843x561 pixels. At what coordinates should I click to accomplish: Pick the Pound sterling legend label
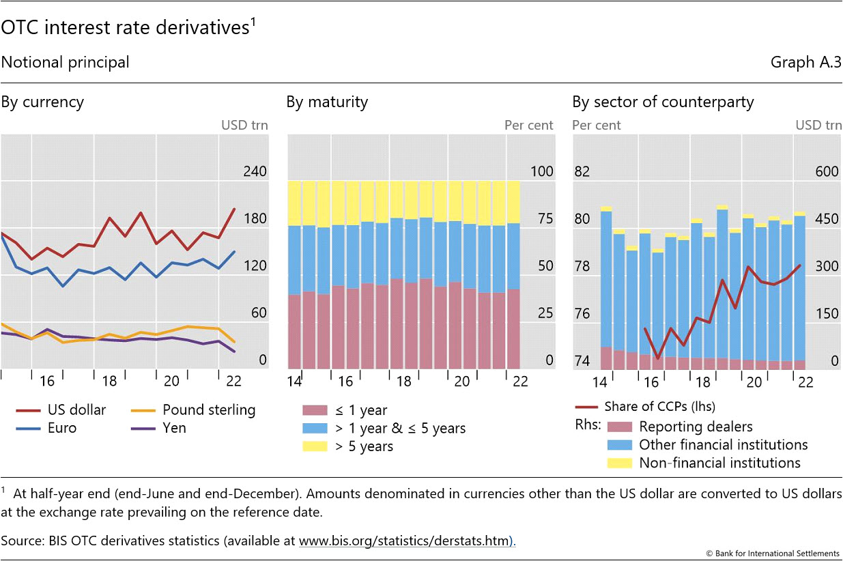tap(209, 410)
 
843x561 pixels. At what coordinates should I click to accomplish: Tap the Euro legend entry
tap(62, 429)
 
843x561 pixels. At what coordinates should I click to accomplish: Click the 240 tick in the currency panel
tap(255, 171)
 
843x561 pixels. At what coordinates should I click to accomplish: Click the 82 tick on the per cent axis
tap(582, 171)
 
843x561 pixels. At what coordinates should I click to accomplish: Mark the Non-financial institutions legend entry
tap(719, 463)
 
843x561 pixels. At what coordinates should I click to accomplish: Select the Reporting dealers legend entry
tap(696, 427)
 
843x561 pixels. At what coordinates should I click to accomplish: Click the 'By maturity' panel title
tap(327, 102)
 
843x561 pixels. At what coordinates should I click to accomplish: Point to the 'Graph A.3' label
tap(805, 62)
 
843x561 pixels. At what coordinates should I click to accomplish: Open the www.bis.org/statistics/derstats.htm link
tap(405, 541)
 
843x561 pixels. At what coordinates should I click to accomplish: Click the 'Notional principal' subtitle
tap(65, 62)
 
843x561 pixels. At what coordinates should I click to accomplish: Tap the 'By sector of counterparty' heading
tap(663, 102)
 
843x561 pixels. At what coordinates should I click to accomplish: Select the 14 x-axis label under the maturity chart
tap(295, 381)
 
